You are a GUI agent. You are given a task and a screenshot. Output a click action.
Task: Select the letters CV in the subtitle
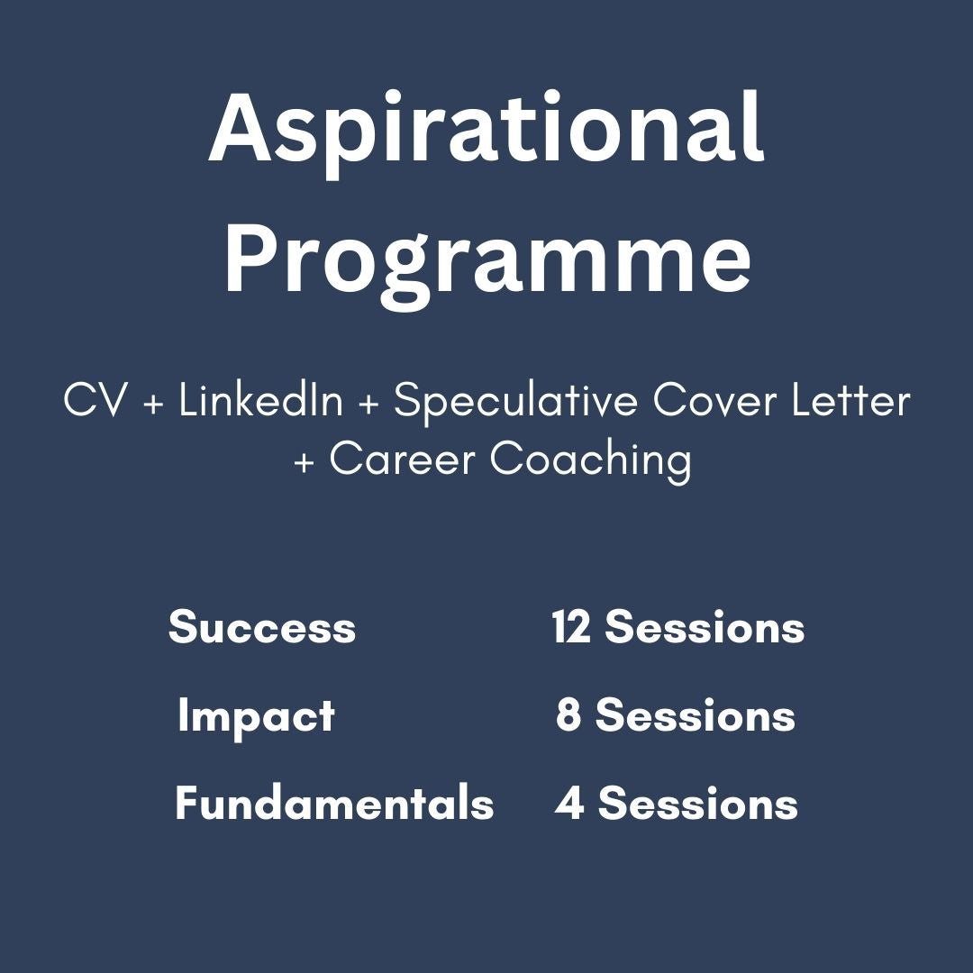tap(95, 400)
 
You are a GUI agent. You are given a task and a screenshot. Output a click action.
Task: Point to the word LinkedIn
tap(260, 400)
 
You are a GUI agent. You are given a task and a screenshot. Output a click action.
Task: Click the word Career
tap(402, 459)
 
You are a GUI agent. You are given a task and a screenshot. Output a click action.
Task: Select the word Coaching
tap(591, 460)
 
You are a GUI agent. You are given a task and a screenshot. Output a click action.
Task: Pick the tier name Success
tap(262, 627)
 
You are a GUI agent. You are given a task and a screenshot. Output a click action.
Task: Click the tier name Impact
tap(256, 717)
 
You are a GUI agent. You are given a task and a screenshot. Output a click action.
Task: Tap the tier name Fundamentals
tap(334, 803)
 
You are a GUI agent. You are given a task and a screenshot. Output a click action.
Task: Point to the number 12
tap(571, 626)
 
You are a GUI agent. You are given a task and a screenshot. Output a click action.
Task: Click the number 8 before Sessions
tap(568, 714)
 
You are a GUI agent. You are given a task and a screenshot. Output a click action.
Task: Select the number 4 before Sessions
tap(569, 803)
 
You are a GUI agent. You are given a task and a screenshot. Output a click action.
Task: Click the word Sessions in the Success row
tap(705, 627)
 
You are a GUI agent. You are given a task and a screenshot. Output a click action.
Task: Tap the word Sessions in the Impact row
tap(696, 715)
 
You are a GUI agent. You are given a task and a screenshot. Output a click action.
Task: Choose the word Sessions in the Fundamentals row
tap(698, 804)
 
